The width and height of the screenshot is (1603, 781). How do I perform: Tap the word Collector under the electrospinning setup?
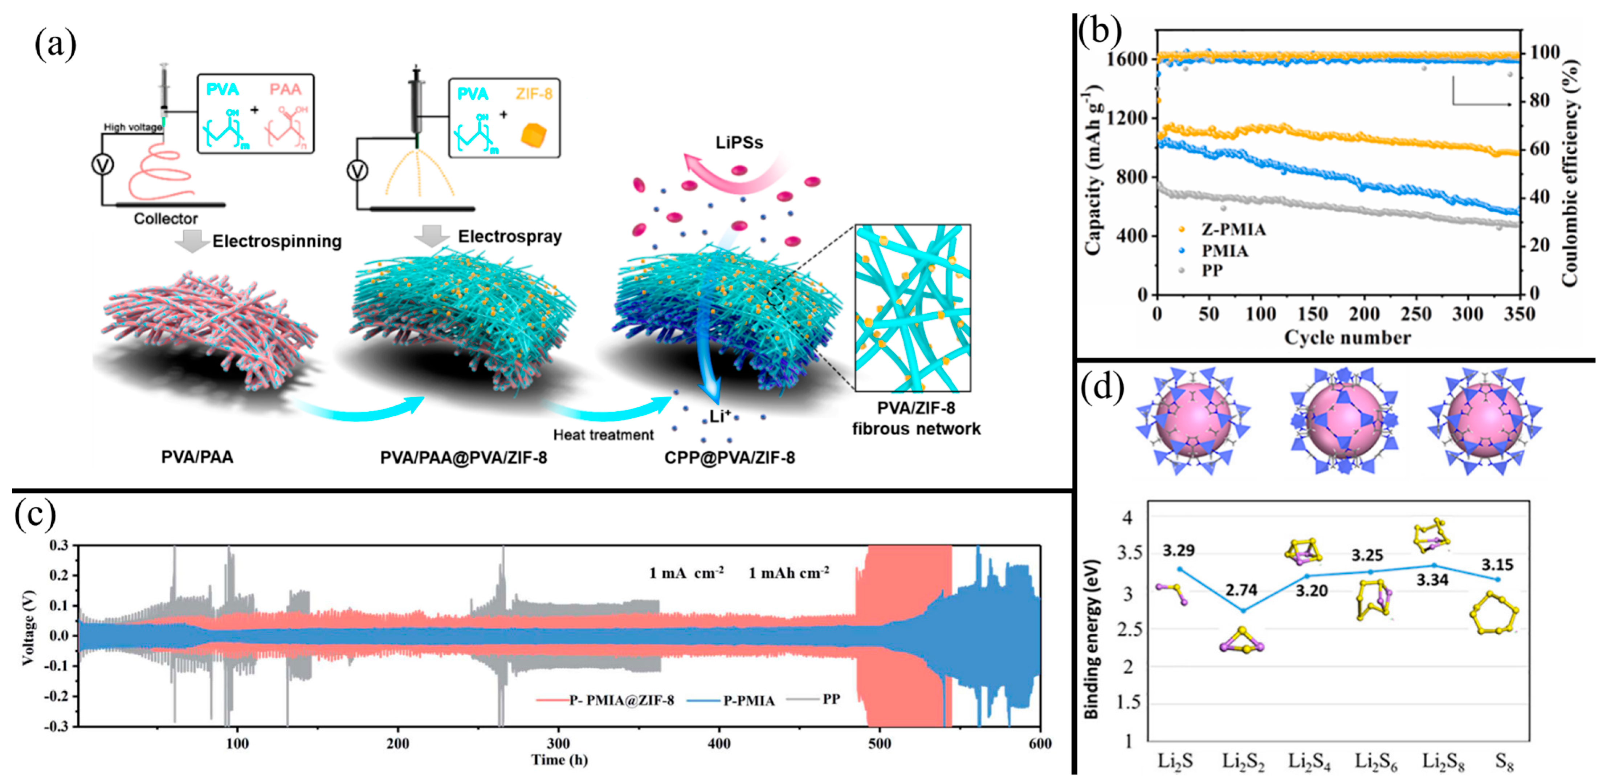(x=166, y=219)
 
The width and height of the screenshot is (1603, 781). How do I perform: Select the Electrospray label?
(x=510, y=236)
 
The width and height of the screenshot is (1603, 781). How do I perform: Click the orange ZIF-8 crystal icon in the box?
(x=534, y=134)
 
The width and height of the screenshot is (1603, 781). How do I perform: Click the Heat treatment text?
(x=603, y=434)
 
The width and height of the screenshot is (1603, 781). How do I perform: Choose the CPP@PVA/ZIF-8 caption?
(x=729, y=457)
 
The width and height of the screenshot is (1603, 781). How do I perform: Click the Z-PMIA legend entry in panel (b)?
(x=1233, y=229)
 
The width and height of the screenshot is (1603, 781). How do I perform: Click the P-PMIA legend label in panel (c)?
(x=749, y=701)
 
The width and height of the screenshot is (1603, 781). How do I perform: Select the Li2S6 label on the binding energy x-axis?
(x=1376, y=760)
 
